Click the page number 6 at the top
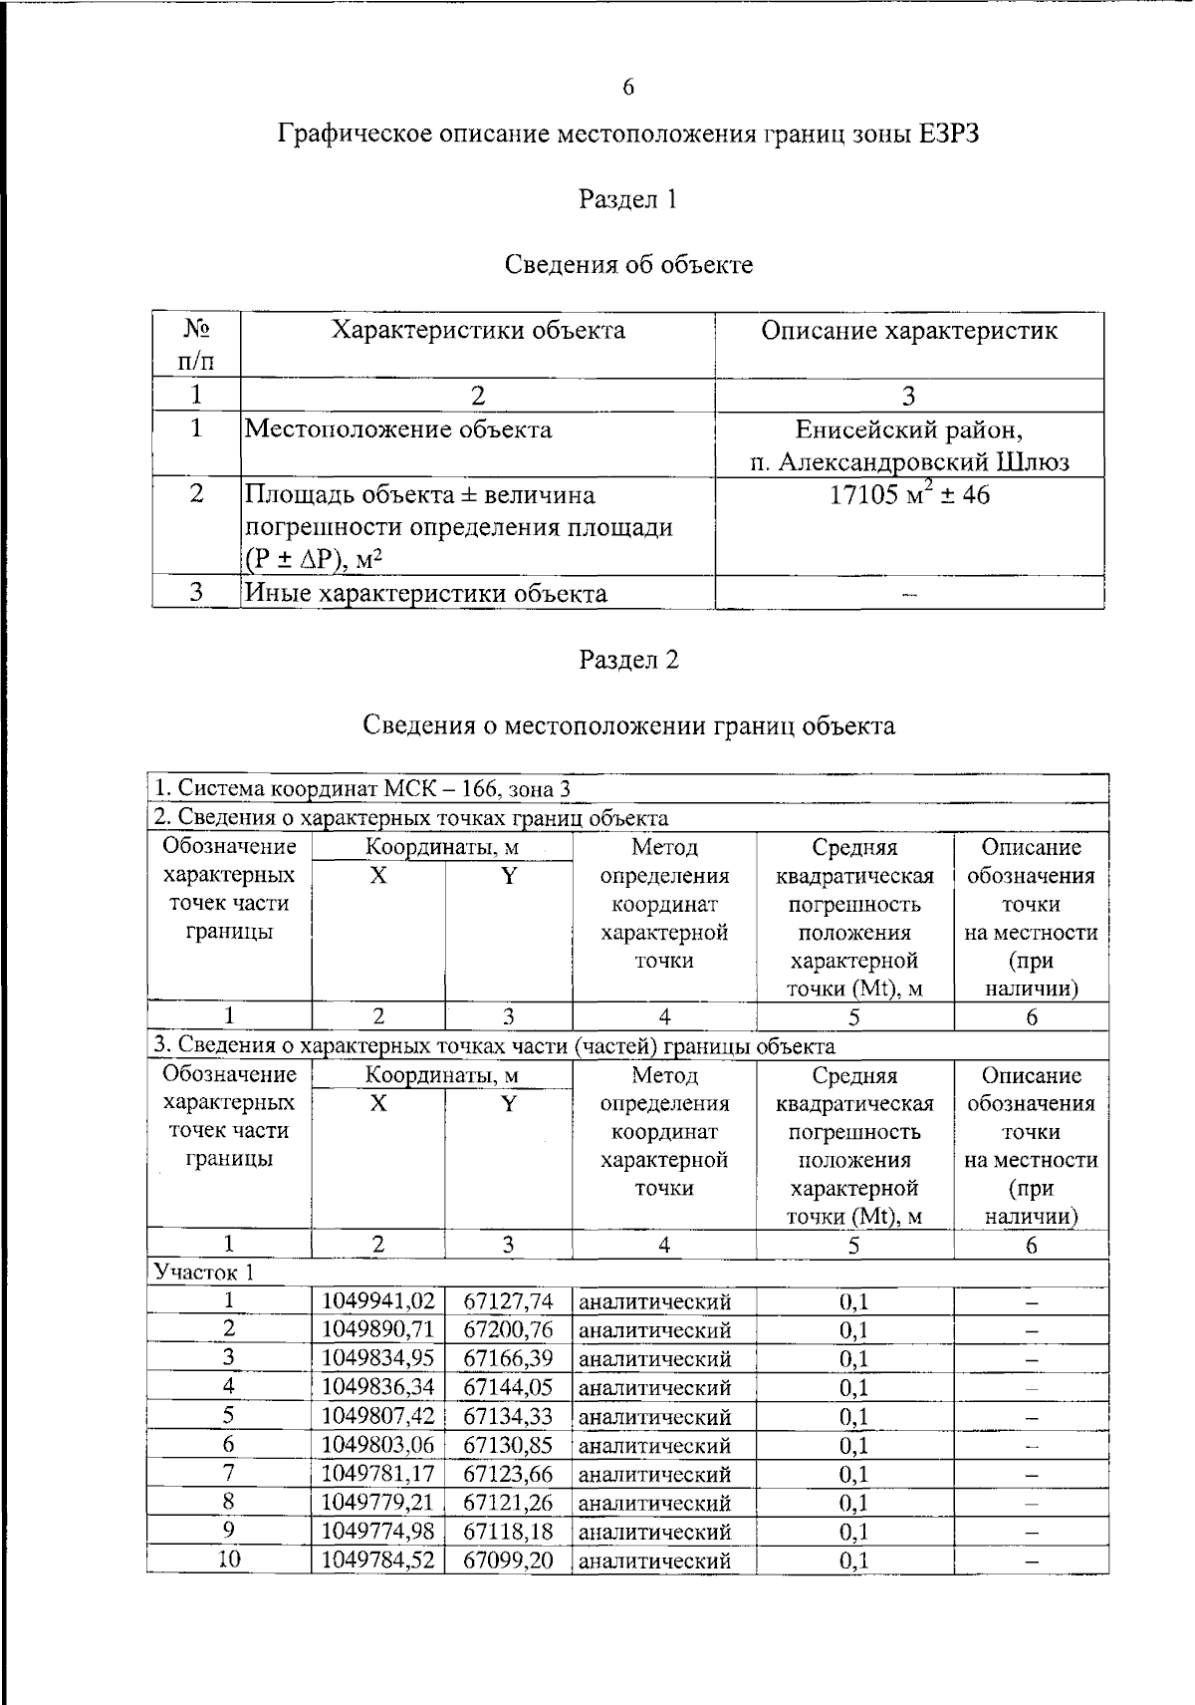click(628, 88)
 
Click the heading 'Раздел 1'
click(628, 199)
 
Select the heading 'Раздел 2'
click(628, 660)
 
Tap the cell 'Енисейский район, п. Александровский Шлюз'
click(908, 445)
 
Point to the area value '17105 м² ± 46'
click(908, 495)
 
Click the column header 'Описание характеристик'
click(908, 331)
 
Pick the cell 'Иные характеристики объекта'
click(426, 594)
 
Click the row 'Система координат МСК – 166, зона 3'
click(363, 789)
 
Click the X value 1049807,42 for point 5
click(378, 1416)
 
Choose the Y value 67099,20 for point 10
click(508, 1560)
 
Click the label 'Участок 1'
click(203, 1273)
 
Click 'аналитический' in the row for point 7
click(655, 1474)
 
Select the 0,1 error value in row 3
click(853, 1358)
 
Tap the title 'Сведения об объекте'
click(628, 265)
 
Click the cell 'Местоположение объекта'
click(398, 429)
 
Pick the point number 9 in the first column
click(229, 1531)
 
